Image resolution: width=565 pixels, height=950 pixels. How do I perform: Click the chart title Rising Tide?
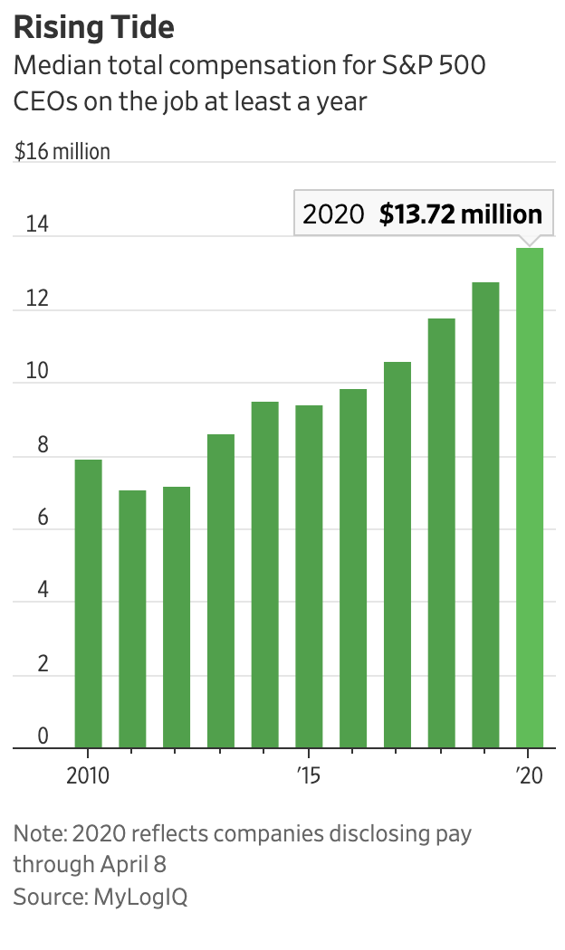pos(93,27)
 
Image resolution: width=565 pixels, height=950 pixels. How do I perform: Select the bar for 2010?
pos(88,603)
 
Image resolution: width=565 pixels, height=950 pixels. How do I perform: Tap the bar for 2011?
pos(132,619)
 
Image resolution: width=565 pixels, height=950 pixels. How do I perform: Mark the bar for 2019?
pos(485,515)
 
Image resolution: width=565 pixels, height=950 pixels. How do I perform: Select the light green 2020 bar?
pos(530,498)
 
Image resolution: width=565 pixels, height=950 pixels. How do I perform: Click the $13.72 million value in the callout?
pos(461,214)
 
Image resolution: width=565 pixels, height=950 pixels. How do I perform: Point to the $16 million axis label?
pos(62,151)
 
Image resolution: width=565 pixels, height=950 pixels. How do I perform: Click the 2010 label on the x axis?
pos(88,776)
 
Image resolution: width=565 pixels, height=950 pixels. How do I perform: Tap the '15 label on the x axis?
pos(309,776)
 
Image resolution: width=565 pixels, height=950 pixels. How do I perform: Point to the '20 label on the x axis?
pos(529,776)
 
